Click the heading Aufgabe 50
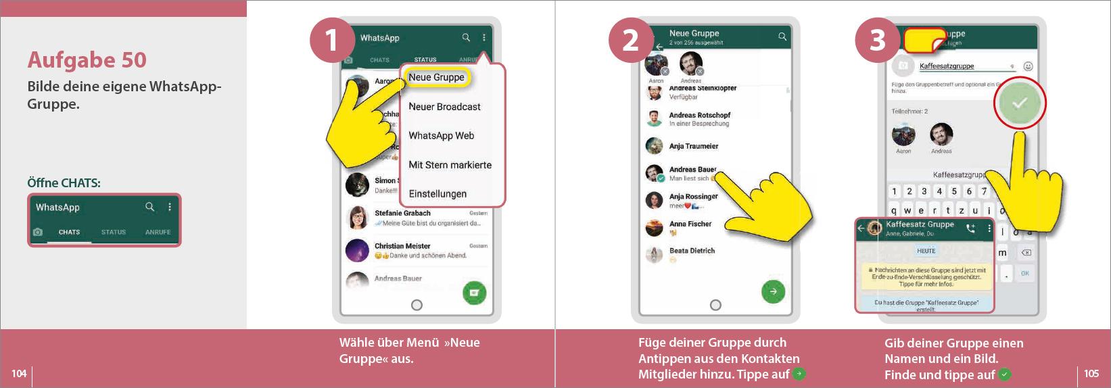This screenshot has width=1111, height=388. point(87,60)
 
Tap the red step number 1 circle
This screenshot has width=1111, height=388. point(332,40)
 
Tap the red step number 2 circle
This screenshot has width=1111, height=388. point(630,40)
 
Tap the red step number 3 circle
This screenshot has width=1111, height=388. point(877,40)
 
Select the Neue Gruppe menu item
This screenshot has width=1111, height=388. point(436,78)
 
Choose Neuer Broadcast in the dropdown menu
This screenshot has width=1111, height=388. point(444,107)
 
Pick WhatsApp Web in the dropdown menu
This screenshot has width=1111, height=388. point(441,136)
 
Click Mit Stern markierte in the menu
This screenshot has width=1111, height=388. point(450,165)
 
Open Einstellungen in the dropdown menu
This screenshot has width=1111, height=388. point(438,194)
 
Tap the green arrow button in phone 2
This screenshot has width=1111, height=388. point(773,291)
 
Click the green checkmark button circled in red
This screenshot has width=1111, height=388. point(1019,103)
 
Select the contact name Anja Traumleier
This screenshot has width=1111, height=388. point(693,146)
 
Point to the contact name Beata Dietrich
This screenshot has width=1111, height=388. point(692,251)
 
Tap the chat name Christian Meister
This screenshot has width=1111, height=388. point(402,246)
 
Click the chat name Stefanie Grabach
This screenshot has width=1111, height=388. point(402,213)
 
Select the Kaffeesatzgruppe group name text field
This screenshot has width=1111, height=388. point(960,66)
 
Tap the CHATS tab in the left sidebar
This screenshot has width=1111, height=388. point(69,232)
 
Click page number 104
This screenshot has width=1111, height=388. point(19,373)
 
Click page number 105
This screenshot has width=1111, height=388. point(1091,373)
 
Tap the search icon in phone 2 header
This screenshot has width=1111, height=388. point(782,37)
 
